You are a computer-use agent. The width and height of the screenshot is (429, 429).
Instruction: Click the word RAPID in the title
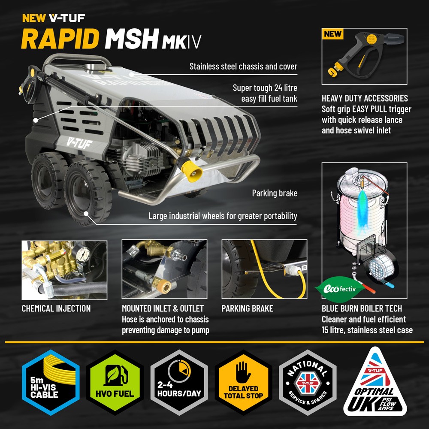tap(61, 39)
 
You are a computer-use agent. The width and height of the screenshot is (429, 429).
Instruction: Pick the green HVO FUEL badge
tap(115, 383)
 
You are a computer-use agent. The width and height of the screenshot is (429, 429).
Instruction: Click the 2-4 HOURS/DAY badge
tap(179, 383)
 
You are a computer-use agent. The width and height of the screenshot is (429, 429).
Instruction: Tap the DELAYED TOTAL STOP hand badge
tap(243, 383)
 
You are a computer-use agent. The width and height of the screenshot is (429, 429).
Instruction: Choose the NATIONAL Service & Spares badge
tap(307, 383)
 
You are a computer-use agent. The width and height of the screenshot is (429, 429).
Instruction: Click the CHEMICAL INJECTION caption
tap(56, 308)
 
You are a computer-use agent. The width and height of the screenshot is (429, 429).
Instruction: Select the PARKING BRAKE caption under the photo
tap(247, 308)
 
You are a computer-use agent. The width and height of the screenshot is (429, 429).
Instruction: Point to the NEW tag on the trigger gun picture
tap(332, 33)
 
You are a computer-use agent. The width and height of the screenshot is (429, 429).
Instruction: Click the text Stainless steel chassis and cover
tap(243, 66)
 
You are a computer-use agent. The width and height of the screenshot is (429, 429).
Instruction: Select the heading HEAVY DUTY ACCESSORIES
tap(365, 98)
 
